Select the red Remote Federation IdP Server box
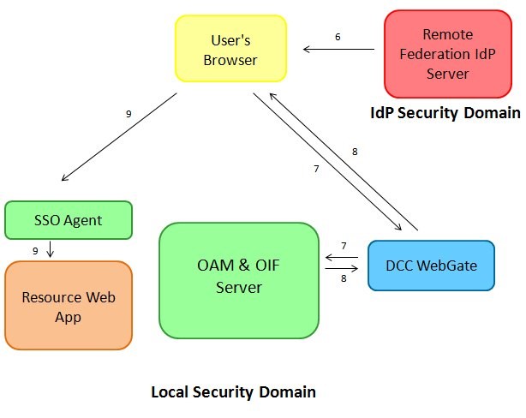pos(447,53)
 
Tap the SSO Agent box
pos(69,220)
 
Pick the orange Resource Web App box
pos(69,306)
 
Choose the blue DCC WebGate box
pos(431,266)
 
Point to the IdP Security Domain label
pos(445,113)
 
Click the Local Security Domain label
pos(233,392)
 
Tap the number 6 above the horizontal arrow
pos(338,37)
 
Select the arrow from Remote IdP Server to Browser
pos(339,51)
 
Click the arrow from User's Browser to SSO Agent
pos(120,137)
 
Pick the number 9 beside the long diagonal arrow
pos(129,113)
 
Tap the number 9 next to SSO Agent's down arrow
pos(35,250)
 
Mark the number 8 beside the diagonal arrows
pos(354,152)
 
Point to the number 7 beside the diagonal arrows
pos(316,169)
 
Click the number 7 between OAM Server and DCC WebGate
pos(344,246)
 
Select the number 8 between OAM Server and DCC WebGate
pos(344,278)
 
